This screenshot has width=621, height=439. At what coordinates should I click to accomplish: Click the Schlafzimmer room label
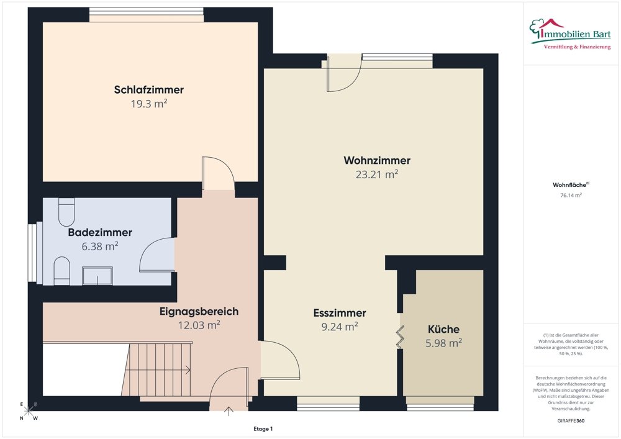148,90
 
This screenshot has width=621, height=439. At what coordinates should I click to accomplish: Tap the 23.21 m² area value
376,175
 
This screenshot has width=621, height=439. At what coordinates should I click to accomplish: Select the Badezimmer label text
99,233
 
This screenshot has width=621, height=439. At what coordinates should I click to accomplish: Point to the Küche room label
443,329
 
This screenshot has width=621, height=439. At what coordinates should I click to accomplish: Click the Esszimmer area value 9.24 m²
339,327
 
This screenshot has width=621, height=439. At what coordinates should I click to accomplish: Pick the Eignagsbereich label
199,311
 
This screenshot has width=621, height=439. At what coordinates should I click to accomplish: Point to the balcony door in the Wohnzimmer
345,75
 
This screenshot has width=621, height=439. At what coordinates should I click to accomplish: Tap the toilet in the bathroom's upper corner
66,212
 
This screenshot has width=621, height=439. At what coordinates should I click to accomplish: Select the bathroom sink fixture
97,275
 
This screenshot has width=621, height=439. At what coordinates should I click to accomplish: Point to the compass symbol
29,411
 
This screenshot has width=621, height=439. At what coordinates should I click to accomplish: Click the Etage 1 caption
263,428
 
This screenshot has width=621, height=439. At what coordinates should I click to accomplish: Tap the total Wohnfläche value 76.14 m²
571,195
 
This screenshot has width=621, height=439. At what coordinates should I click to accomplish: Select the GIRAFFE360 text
571,420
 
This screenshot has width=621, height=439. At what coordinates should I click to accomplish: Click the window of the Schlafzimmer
146,14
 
